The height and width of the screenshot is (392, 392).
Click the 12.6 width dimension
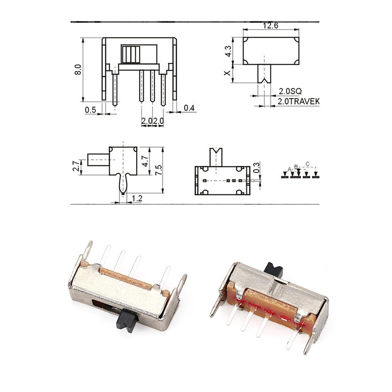(x=270, y=25)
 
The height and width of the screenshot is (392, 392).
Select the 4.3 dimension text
(x=227, y=51)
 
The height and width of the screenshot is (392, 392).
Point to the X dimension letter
(x=226, y=73)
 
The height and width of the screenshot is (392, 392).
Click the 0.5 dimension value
(x=90, y=110)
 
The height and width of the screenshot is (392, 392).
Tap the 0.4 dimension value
(x=189, y=108)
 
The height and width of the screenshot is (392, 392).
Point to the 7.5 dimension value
(x=158, y=170)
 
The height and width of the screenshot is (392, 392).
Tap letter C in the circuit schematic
(x=307, y=164)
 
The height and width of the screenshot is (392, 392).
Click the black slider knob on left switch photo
(x=128, y=320)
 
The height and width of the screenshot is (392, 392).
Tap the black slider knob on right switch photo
(x=272, y=269)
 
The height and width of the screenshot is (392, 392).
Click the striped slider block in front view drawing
(x=132, y=54)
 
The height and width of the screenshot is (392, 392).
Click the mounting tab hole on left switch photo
(x=183, y=283)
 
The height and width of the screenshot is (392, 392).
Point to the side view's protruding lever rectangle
(x=98, y=161)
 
